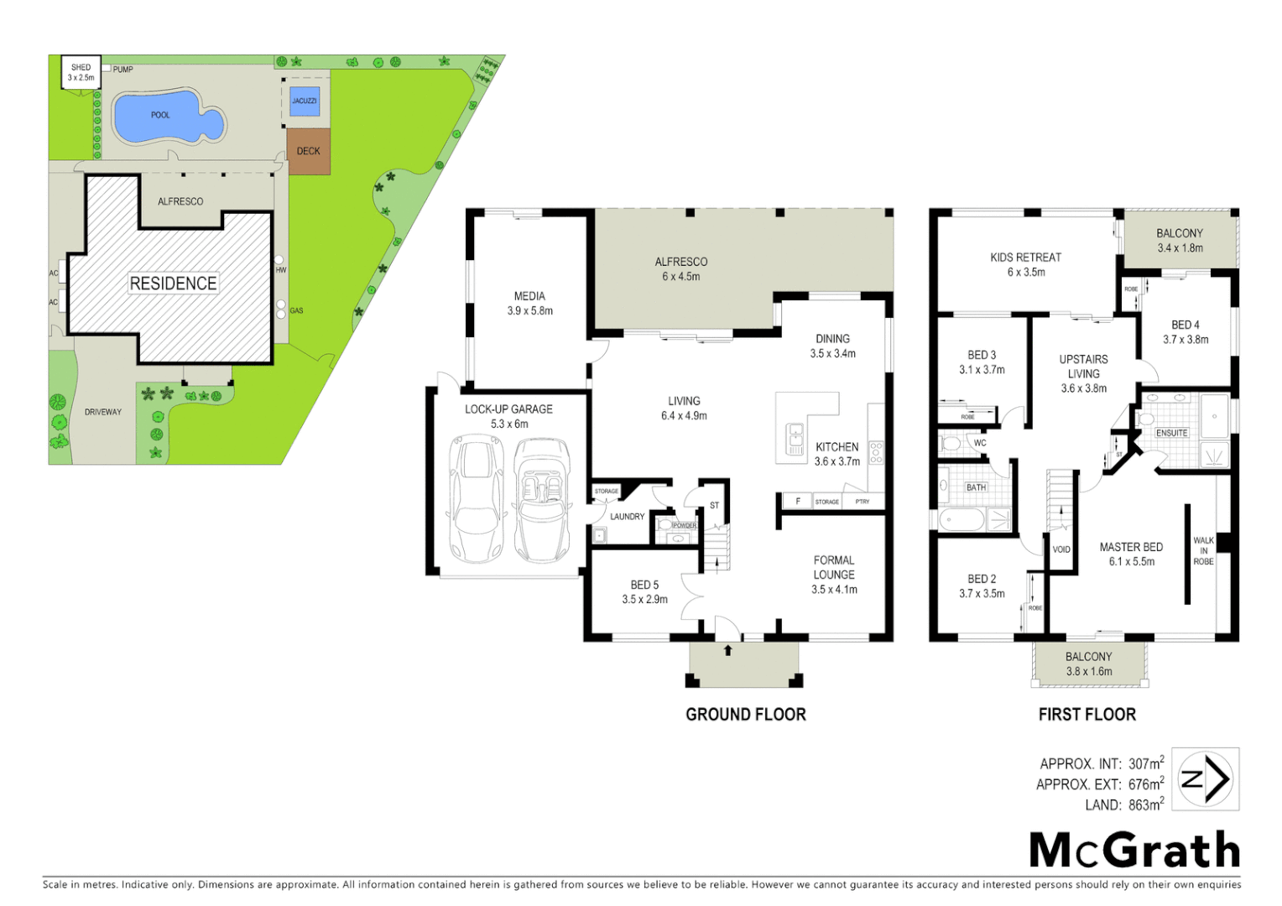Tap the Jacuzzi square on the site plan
[304, 101]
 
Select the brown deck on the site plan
[308, 152]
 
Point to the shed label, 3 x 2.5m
[81, 73]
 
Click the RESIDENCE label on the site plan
[173, 284]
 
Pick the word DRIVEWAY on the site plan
[103, 412]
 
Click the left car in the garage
[477, 499]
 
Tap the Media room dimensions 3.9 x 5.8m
[529, 311]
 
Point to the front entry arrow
[727, 650]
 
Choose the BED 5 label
[644, 585]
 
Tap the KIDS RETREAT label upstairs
[1025, 258]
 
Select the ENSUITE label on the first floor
[1171, 433]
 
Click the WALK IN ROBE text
[1203, 551]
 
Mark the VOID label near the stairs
[1061, 549]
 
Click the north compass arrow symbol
[1206, 779]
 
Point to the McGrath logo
[1134, 851]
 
